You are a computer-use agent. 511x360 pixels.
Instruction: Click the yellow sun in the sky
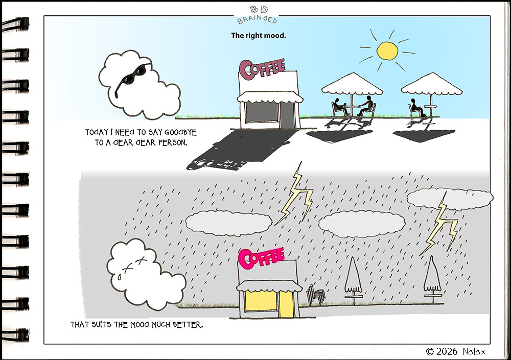click(387, 51)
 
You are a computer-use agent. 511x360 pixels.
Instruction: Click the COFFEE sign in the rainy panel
click(261, 258)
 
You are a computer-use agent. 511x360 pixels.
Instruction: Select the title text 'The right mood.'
click(259, 35)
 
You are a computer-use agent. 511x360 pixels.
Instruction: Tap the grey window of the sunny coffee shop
click(261, 112)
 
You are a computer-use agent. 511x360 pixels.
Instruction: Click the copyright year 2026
click(447, 351)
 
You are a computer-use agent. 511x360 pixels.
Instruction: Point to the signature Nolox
click(474, 351)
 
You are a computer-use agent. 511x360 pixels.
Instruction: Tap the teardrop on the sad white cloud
click(119, 277)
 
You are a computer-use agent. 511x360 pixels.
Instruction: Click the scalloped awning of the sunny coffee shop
click(270, 97)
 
